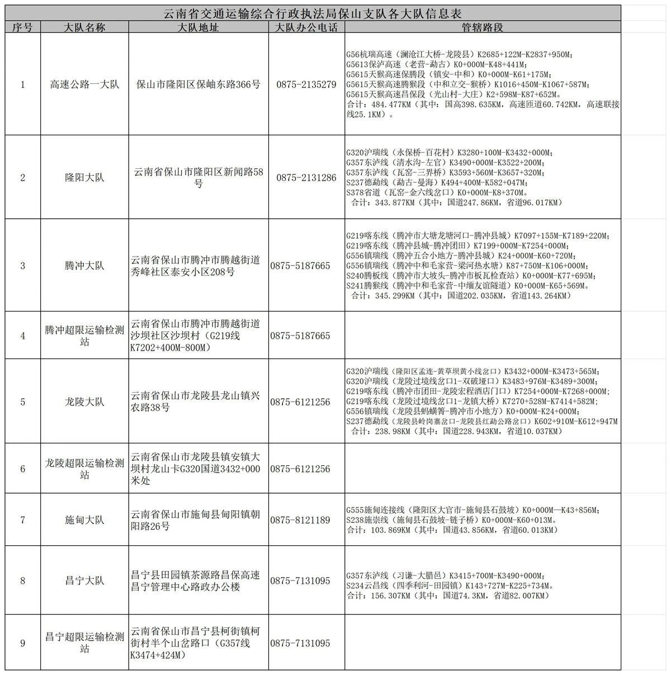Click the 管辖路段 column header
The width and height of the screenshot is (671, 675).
483,27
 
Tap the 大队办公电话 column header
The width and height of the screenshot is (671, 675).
306,27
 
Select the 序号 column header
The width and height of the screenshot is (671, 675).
22,27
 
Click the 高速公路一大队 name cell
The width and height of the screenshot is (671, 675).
84,85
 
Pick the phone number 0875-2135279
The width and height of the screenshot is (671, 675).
306,85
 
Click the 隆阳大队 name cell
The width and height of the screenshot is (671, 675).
84,178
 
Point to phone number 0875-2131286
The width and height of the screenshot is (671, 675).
306,178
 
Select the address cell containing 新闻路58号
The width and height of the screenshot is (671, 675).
199,178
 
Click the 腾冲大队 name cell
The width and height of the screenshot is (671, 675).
84,266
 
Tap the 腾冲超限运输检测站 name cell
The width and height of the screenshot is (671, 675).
84,336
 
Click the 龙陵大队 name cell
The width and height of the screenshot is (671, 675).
84,402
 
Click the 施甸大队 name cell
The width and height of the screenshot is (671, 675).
84,520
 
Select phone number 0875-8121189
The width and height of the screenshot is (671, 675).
300,520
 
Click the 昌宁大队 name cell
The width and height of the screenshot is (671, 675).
84,581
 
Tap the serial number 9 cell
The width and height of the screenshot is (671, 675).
22,643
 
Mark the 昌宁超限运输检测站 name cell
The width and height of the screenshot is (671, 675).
84,643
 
